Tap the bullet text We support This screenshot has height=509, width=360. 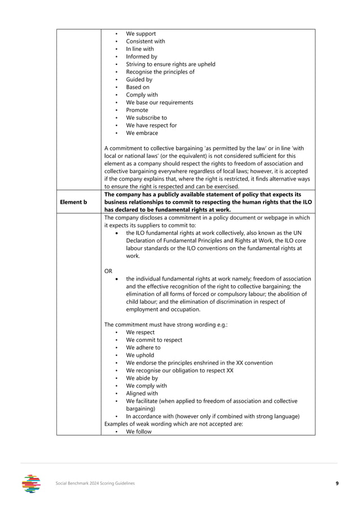pyautogui.click(x=141, y=34)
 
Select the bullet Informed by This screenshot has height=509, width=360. pyautogui.click(x=141, y=57)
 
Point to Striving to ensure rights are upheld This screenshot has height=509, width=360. pyautogui.click(x=170, y=64)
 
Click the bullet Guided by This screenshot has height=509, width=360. pyautogui.click(x=139, y=80)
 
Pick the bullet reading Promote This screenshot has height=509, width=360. pyautogui.click(x=137, y=110)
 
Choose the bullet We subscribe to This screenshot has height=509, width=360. pyautogui.click(x=146, y=118)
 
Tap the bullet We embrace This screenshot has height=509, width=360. pyautogui.click(x=142, y=133)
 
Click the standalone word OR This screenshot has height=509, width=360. pyautogui.click(x=109, y=271)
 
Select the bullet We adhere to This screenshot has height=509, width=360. pyautogui.click(x=144, y=348)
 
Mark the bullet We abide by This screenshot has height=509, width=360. pyautogui.click(x=142, y=378)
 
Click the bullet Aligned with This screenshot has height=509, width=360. pyautogui.click(x=142, y=393)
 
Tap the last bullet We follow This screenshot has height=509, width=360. pyautogui.click(x=139, y=432)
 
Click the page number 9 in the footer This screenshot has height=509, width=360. pyautogui.click(x=336, y=484)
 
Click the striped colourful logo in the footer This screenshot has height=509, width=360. pyautogui.click(x=32, y=484)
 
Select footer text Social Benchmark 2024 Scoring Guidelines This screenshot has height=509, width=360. pyautogui.click(x=95, y=484)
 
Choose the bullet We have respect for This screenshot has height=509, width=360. pyautogui.click(x=151, y=125)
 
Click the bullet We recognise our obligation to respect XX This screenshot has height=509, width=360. pyautogui.click(x=179, y=370)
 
